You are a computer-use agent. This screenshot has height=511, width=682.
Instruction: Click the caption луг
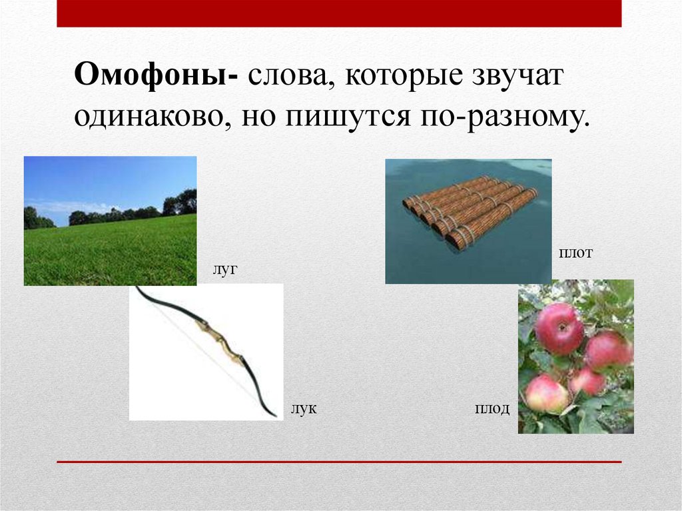tap(225, 270)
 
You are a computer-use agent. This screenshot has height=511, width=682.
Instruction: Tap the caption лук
tap(303, 408)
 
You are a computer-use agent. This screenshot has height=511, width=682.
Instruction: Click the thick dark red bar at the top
tap(339, 13)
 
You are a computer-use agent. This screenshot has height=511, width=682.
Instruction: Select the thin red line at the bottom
tap(339, 461)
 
